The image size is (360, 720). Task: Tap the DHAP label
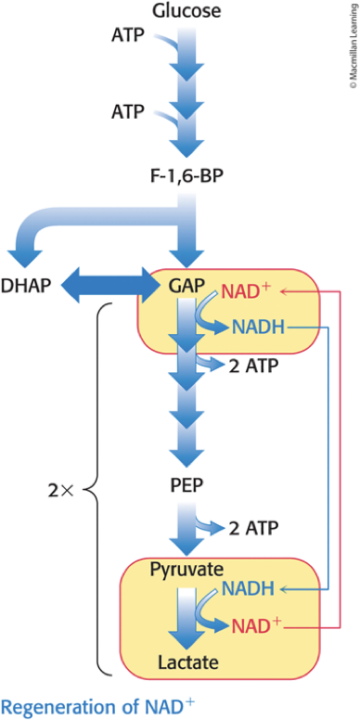25,286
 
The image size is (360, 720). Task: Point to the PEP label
186,486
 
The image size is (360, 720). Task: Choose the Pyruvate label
186,570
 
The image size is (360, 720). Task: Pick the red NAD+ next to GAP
249,291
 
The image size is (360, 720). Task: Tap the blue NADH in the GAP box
259,327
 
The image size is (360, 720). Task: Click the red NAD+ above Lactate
255,625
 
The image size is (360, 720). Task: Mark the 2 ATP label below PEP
253,528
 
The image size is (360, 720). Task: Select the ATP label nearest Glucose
128,36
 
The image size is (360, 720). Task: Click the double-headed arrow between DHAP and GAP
109,286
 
